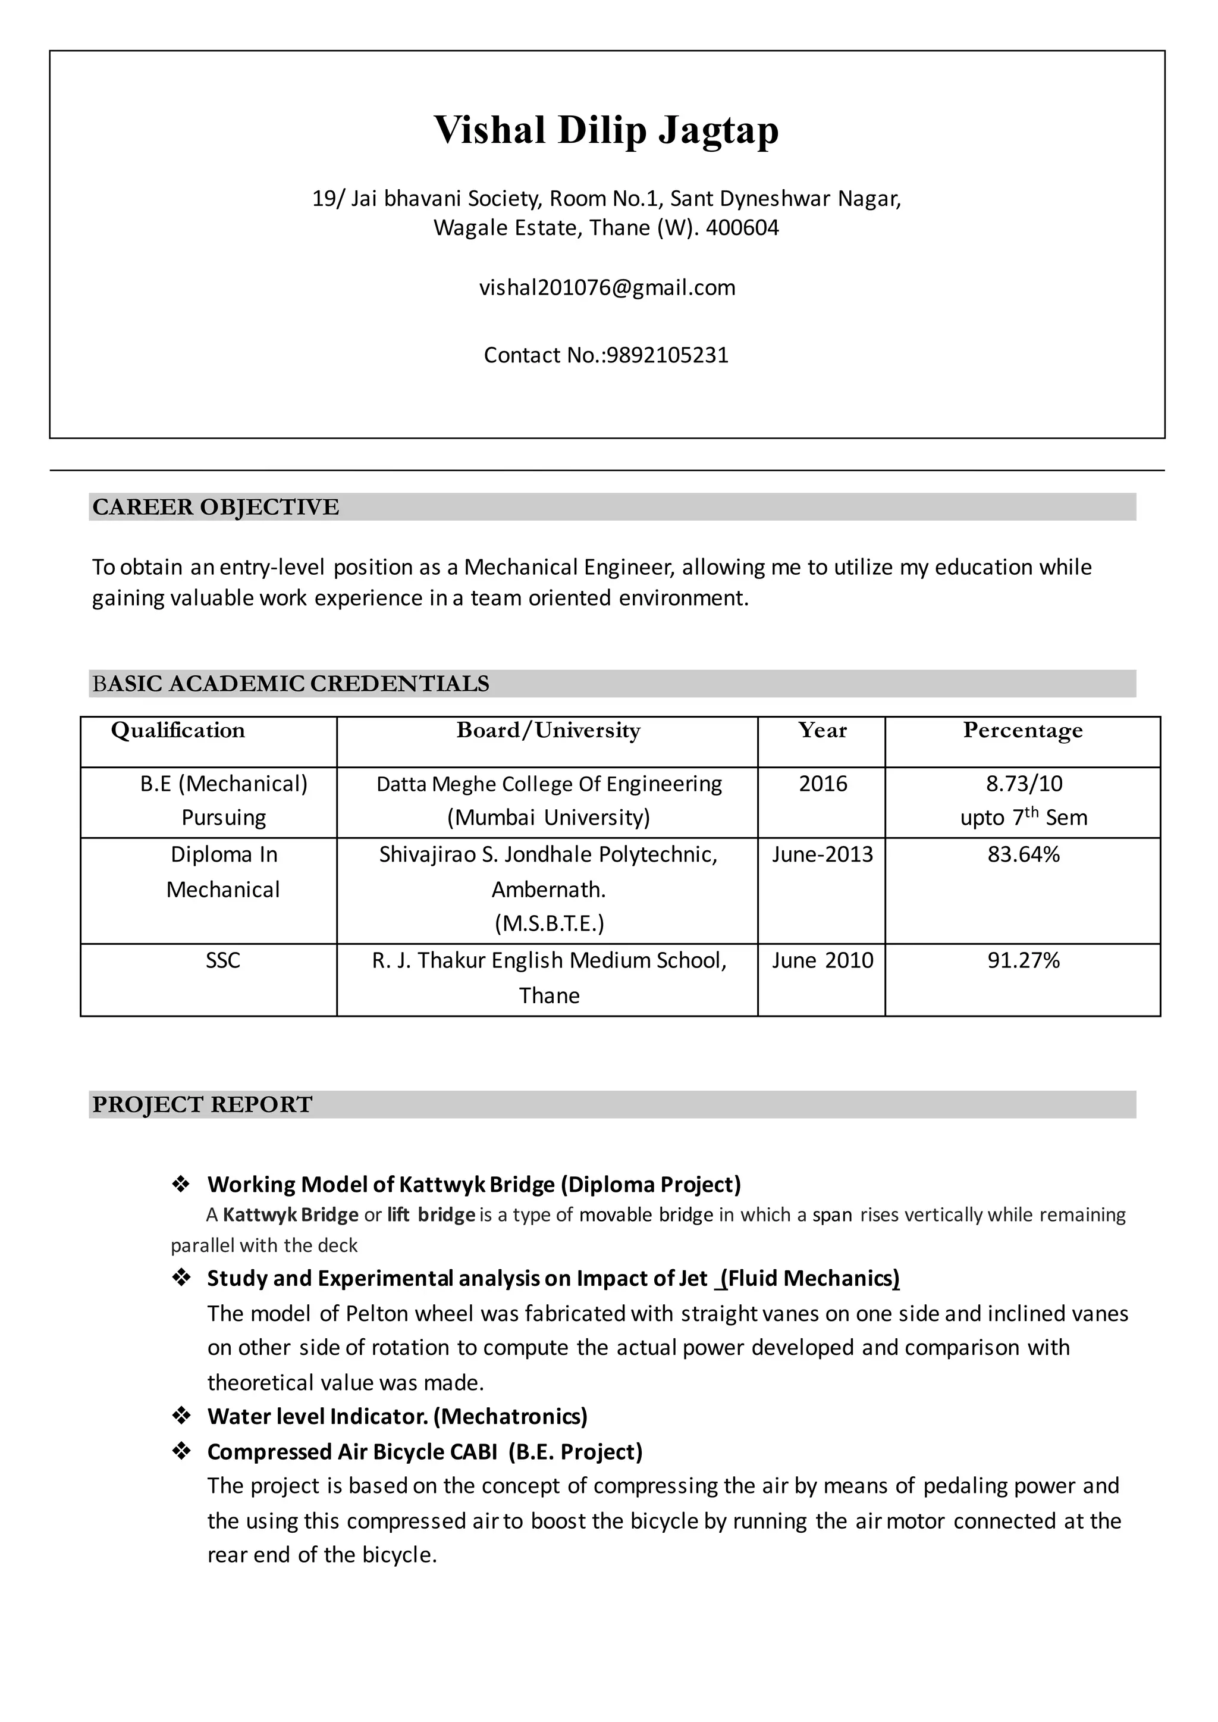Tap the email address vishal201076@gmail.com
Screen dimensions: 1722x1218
[x=607, y=288]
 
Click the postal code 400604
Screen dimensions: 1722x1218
[x=742, y=228]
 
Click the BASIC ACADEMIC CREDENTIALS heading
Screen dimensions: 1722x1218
[x=290, y=684]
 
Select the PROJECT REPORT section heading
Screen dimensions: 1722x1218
[x=202, y=1105]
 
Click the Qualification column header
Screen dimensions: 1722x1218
[x=178, y=731]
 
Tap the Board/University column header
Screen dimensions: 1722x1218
[x=548, y=731]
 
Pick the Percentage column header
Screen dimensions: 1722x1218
[x=1022, y=731]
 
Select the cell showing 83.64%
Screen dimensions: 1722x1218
[x=1023, y=854]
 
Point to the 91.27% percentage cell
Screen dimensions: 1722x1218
[x=1023, y=960]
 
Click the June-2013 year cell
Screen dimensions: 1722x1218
[x=822, y=854]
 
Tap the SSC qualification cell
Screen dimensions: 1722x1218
[x=223, y=960]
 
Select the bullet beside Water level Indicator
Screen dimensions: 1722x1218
[x=181, y=1416]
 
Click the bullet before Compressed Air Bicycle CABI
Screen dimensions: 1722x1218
[x=181, y=1451]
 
